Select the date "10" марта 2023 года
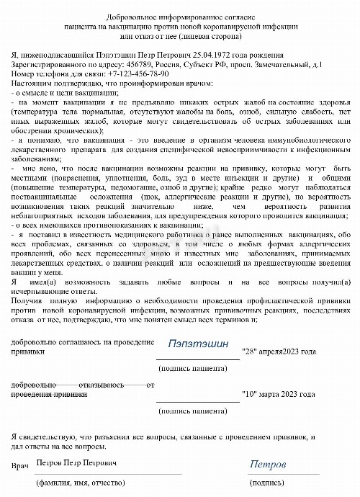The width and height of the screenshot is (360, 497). [x=279, y=395]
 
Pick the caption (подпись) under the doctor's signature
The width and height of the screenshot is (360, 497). [x=268, y=482]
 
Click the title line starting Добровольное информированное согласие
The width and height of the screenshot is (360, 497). [x=180, y=16]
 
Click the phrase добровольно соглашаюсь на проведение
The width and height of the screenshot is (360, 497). [x=83, y=341]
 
